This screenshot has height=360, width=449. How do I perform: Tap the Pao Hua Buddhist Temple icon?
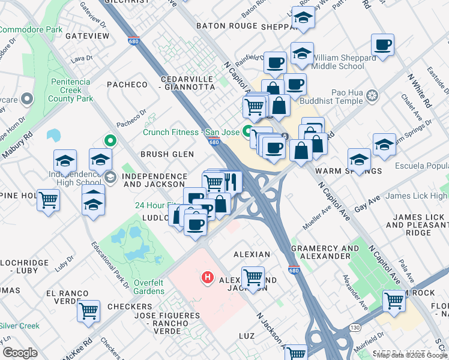(373, 96)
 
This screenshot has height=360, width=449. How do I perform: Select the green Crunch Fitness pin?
(247, 129)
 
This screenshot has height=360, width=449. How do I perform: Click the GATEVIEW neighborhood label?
(88, 36)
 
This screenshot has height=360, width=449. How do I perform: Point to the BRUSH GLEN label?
(167, 154)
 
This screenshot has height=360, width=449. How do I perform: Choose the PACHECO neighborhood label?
(127, 85)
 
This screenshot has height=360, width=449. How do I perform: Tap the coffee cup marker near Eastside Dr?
(382, 45)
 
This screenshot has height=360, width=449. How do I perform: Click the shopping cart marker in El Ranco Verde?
(89, 311)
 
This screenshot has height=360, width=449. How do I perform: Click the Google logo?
(20, 353)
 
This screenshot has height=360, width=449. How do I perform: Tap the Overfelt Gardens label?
(140, 287)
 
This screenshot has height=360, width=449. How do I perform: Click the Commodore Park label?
(30, 29)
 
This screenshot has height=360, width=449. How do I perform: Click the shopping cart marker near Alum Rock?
(394, 300)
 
